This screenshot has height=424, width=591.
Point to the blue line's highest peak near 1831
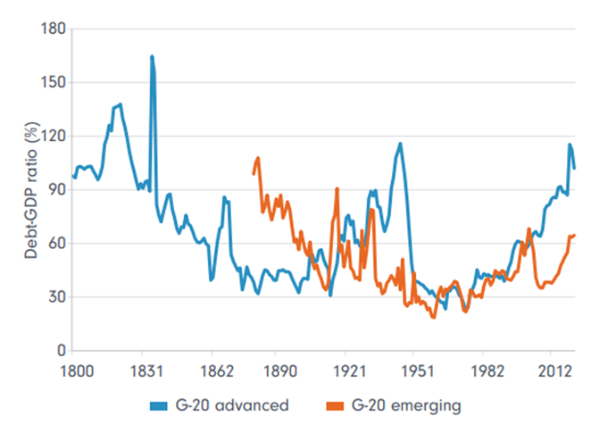coord(152,56)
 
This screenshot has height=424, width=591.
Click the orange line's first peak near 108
coord(257,158)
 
